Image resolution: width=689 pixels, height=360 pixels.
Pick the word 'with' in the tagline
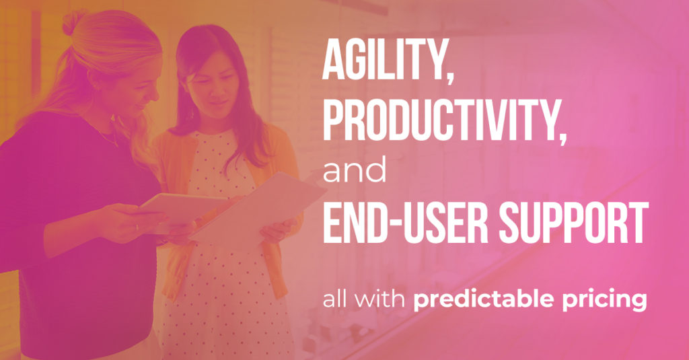(379, 299)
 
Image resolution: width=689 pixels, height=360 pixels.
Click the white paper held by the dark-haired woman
(259, 206)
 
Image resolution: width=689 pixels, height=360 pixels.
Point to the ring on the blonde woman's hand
(137, 227)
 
